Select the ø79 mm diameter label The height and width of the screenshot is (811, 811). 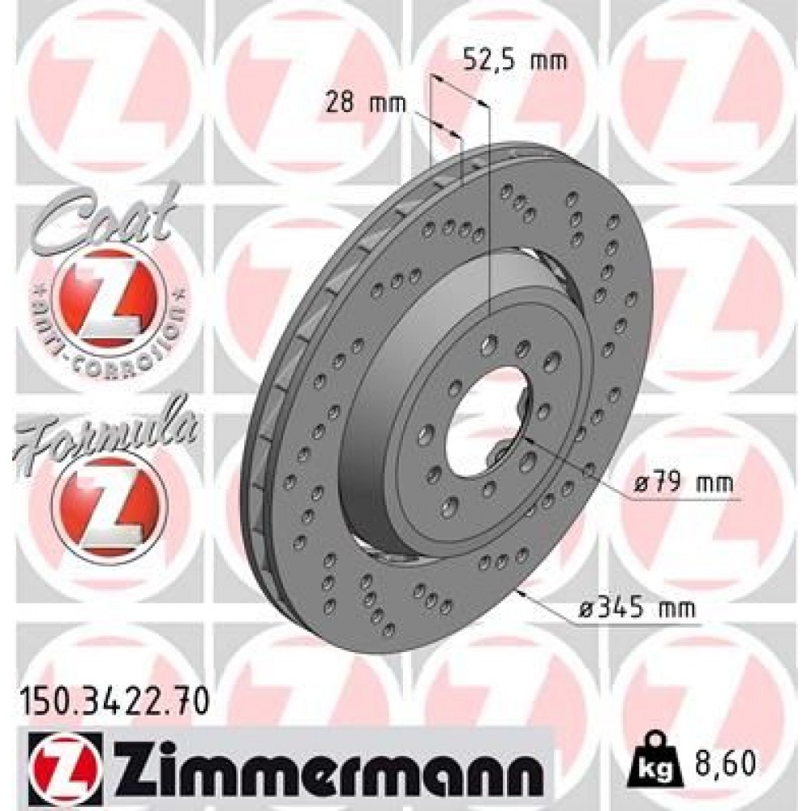(x=683, y=485)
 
